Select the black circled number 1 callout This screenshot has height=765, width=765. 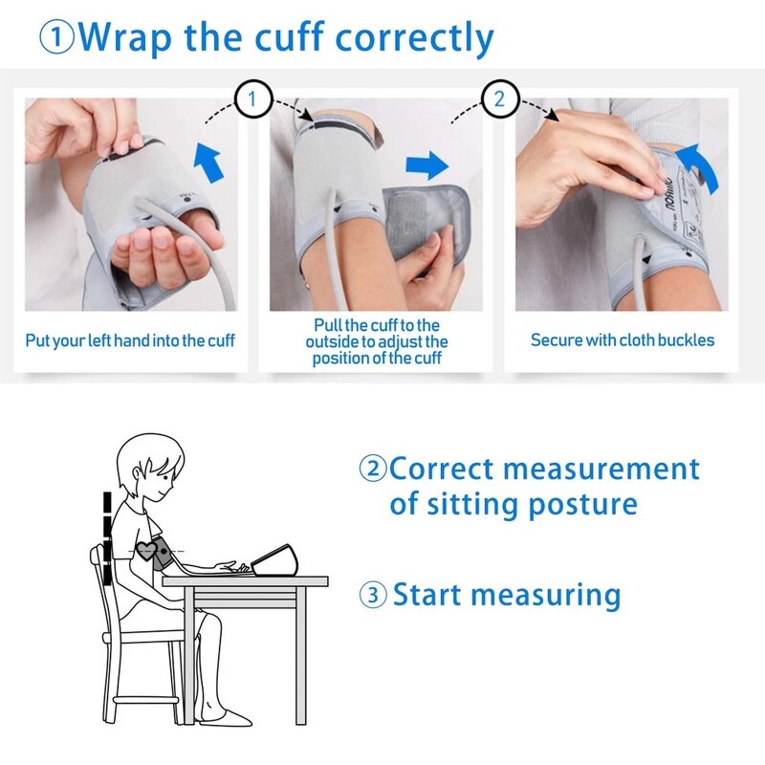252,99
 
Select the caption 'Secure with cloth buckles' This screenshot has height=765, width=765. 622,339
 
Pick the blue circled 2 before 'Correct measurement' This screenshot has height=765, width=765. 373,470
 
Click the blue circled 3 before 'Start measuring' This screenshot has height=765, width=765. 373,595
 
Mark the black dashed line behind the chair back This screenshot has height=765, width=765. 107,535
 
